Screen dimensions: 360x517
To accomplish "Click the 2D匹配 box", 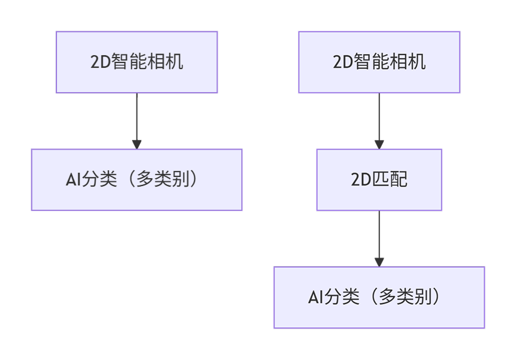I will [379, 180].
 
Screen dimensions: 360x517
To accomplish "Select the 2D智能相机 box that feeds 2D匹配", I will [379, 62].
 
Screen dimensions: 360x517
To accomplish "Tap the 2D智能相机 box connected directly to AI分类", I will [136, 62].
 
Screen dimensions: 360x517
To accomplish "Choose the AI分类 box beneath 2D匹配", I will [379, 298].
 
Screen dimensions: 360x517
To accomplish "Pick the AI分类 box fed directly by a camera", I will [136, 180].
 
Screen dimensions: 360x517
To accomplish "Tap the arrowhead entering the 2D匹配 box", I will [379, 144].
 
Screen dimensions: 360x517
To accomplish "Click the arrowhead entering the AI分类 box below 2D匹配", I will [379, 262].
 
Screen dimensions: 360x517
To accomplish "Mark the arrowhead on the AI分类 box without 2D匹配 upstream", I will [136, 144].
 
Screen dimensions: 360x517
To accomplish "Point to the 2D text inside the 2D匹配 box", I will [360, 180].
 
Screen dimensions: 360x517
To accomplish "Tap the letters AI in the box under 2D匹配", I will [314, 298].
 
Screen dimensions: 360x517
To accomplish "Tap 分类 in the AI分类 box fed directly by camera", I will [99, 180].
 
